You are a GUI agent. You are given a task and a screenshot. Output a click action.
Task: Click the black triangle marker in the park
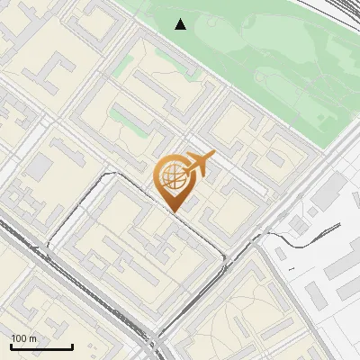click(x=181, y=24)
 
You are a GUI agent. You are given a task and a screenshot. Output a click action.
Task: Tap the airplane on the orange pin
click(x=199, y=165)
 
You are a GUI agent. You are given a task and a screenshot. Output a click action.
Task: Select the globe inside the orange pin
click(x=171, y=177)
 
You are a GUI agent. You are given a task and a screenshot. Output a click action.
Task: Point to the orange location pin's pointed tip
click(x=174, y=212)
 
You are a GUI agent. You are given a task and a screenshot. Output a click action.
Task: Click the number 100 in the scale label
click(x=20, y=338)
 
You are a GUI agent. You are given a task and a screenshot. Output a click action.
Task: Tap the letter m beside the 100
click(x=33, y=338)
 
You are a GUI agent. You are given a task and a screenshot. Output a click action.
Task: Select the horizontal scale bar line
click(x=41, y=346)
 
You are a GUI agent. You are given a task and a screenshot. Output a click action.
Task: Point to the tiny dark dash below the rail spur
click(x=291, y=268)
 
